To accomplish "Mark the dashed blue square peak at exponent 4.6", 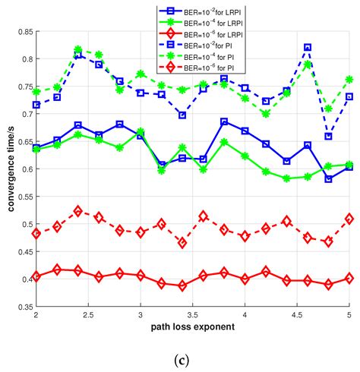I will [308, 48].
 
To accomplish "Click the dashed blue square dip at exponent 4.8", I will [328, 137].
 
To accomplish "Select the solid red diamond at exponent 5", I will [349, 279].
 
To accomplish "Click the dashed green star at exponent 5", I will [349, 79].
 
